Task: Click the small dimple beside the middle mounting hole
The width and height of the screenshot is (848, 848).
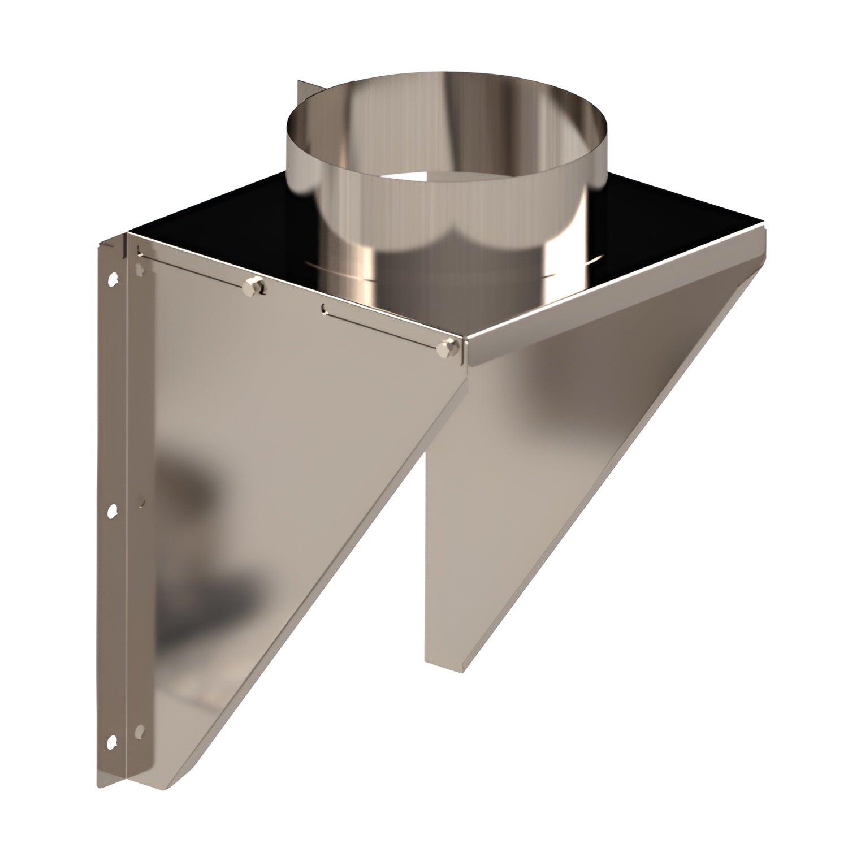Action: click(x=141, y=501)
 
